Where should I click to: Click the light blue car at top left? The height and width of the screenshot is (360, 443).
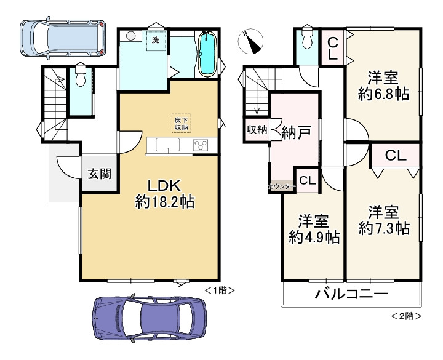click(x=62, y=38)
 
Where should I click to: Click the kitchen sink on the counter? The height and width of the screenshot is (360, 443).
click(x=167, y=146)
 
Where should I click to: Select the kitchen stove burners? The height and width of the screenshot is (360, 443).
click(x=201, y=146)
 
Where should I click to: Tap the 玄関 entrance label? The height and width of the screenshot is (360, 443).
click(x=99, y=174)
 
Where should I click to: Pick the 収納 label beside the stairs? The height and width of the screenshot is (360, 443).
click(x=257, y=130)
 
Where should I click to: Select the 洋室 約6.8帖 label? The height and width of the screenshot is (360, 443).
click(x=384, y=87)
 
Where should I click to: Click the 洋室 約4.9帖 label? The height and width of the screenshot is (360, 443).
click(x=314, y=230)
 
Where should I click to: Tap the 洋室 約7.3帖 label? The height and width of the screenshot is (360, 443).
click(x=384, y=220)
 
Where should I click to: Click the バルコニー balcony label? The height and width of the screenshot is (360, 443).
click(x=351, y=294)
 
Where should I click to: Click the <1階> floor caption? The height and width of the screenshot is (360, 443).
click(x=220, y=289)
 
